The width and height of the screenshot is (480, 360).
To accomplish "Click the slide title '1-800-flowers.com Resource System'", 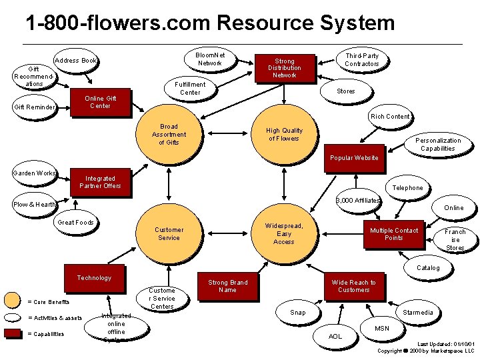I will pyautogui.click(x=210, y=23).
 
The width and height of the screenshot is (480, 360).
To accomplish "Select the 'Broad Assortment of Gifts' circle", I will pyautogui.click(x=169, y=134).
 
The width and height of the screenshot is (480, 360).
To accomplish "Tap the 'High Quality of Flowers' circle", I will pyautogui.click(x=284, y=135).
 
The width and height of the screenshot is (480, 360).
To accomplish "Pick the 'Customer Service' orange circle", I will pyautogui.click(x=169, y=233).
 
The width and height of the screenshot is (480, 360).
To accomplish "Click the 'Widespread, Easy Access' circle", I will pyautogui.click(x=284, y=234).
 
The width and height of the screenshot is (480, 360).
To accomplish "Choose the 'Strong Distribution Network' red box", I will pyautogui.click(x=284, y=68).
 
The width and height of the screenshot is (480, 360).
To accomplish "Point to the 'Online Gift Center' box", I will pyautogui.click(x=100, y=102).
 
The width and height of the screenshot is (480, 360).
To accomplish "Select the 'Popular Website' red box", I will pyautogui.click(x=354, y=158).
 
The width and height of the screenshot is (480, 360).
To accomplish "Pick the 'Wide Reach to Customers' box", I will pyautogui.click(x=353, y=286).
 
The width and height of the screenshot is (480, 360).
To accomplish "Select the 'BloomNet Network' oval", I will pyautogui.click(x=210, y=59).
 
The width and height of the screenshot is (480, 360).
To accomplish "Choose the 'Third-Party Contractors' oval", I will pyautogui.click(x=362, y=60).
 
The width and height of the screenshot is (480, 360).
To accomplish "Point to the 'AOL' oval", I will pyautogui.click(x=335, y=336).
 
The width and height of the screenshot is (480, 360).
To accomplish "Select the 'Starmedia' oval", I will pyautogui.click(x=417, y=312).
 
